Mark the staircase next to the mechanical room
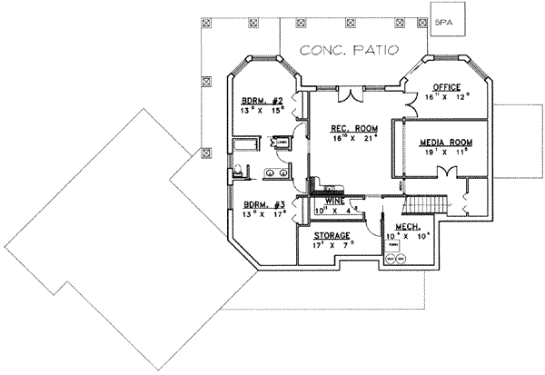[x=424, y=204]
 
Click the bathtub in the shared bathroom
[x=244, y=144]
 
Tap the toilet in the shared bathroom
[x=237, y=170]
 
